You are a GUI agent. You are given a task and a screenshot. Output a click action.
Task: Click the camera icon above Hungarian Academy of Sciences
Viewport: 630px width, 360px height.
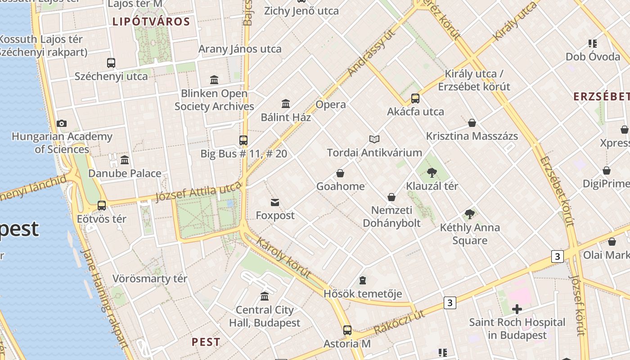coord(62,123)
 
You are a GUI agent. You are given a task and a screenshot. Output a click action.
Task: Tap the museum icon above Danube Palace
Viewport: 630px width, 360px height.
coord(125,160)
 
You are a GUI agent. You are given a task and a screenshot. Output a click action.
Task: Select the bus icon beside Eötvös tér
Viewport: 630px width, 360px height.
coord(102,206)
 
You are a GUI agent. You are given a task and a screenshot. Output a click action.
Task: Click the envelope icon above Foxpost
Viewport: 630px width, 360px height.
coord(275,202)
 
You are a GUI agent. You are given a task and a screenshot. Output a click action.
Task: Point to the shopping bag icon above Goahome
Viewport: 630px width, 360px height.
coord(340,173)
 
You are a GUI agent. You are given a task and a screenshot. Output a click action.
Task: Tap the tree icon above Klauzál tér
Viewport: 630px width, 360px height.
coord(432,172)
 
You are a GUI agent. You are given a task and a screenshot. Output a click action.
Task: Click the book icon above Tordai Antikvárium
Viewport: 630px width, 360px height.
coord(374,139)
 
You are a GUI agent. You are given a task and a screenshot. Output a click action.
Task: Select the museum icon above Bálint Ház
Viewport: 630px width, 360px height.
coord(286,104)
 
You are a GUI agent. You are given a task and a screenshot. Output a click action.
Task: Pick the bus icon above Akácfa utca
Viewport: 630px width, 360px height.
coord(415,98)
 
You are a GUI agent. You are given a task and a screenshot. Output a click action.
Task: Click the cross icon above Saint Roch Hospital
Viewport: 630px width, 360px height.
coord(517,309)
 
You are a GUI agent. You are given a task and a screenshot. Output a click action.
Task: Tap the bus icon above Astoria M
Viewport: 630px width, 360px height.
coord(347,330)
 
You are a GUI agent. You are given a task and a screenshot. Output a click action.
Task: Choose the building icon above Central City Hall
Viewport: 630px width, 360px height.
coord(265,297)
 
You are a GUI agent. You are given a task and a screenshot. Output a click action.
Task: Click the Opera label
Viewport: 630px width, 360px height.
coord(331,104)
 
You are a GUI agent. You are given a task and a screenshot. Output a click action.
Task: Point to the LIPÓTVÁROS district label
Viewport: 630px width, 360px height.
coord(151,22)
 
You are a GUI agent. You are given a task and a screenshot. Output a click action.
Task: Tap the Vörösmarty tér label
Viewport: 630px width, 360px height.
coord(150,279)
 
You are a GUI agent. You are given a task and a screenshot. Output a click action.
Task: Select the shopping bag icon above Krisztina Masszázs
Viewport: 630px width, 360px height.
coord(472,123)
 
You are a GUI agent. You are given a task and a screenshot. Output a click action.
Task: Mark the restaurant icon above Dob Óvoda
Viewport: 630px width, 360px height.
coord(593,44)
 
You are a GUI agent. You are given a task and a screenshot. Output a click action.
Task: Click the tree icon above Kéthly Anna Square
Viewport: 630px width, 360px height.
coord(470,214)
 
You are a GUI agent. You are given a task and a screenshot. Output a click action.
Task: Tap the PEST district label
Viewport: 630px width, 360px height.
coord(206,342)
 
